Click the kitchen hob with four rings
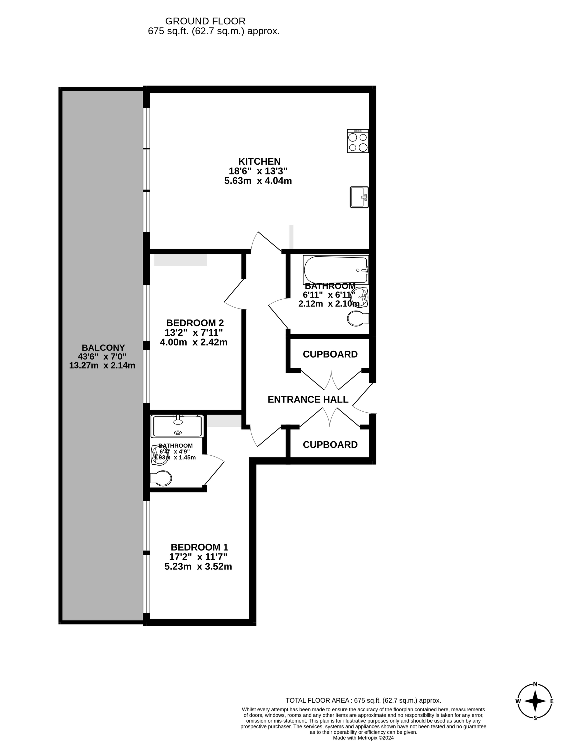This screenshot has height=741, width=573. (x=358, y=141)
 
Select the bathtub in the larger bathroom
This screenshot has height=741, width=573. (x=336, y=270)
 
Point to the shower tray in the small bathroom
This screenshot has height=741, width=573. (x=178, y=426)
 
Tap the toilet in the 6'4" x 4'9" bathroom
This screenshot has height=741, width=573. (x=161, y=478)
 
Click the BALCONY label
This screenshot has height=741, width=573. (x=103, y=348)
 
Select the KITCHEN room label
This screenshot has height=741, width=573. (x=259, y=161)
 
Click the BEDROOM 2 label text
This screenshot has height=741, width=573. (x=195, y=323)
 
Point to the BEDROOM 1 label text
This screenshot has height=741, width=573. (x=199, y=547)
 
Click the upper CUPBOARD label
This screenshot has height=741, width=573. (x=330, y=354)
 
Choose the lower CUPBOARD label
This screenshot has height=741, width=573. (x=330, y=445)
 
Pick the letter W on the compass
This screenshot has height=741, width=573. (x=518, y=701)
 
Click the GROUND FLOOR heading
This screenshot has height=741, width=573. (x=205, y=21)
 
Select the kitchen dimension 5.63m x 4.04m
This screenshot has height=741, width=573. (x=258, y=181)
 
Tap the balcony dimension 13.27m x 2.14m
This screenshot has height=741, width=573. (x=102, y=365)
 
